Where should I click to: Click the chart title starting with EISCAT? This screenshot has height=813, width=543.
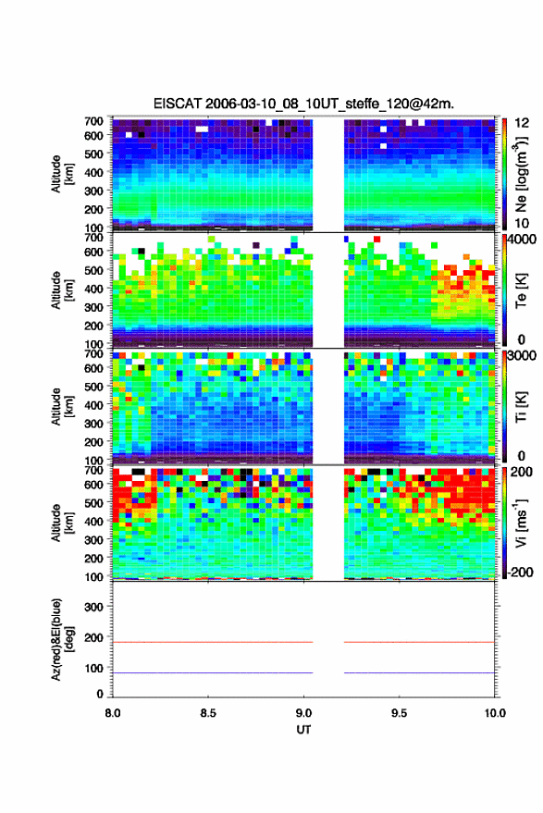(303, 104)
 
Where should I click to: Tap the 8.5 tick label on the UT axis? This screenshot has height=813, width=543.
(208, 713)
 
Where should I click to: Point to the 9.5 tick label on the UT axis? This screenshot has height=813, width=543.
(399, 713)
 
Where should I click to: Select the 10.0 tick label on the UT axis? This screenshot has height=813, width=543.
(495, 713)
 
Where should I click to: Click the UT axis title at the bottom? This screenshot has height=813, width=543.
(303, 730)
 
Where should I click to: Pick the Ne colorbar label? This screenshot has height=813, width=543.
(521, 174)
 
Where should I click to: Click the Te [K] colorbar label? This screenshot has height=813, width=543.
(521, 290)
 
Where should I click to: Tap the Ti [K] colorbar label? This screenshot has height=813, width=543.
(521, 407)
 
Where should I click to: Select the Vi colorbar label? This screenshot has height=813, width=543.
(521, 523)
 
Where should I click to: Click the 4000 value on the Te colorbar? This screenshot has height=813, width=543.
(523, 240)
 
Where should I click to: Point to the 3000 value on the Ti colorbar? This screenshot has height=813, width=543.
(523, 356)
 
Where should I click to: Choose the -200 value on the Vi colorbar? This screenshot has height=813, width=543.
(520, 573)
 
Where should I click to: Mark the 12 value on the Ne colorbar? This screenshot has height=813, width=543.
(523, 123)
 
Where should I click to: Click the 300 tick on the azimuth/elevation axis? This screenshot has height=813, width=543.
(93, 607)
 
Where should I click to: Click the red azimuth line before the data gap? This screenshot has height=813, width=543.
(213, 642)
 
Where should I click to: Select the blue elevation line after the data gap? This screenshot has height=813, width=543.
(419, 672)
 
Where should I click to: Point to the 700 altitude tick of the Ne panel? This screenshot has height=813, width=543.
(93, 121)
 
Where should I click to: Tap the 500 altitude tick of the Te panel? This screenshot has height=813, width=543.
(93, 270)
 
